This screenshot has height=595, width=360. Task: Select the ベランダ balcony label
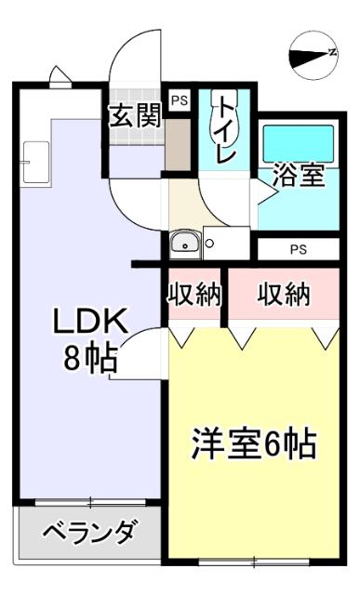click(x=89, y=534)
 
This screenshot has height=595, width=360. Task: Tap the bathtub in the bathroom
click(x=297, y=141)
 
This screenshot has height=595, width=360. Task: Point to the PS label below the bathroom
click(x=298, y=249)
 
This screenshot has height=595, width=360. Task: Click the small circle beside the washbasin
click(x=209, y=245)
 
